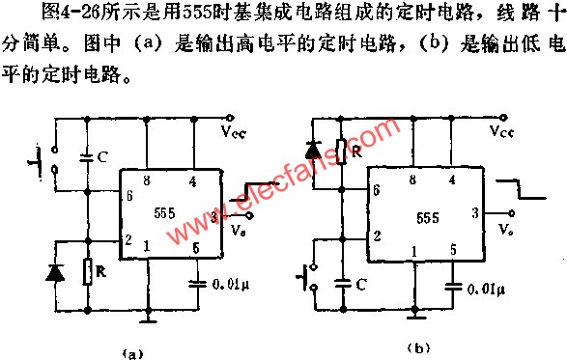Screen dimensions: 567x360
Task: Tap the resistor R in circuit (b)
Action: click(x=341, y=152)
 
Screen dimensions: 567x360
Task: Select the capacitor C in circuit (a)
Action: click(x=86, y=154)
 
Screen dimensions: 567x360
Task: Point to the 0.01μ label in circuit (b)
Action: click(x=489, y=288)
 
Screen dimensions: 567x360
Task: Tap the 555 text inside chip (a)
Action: click(x=163, y=214)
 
